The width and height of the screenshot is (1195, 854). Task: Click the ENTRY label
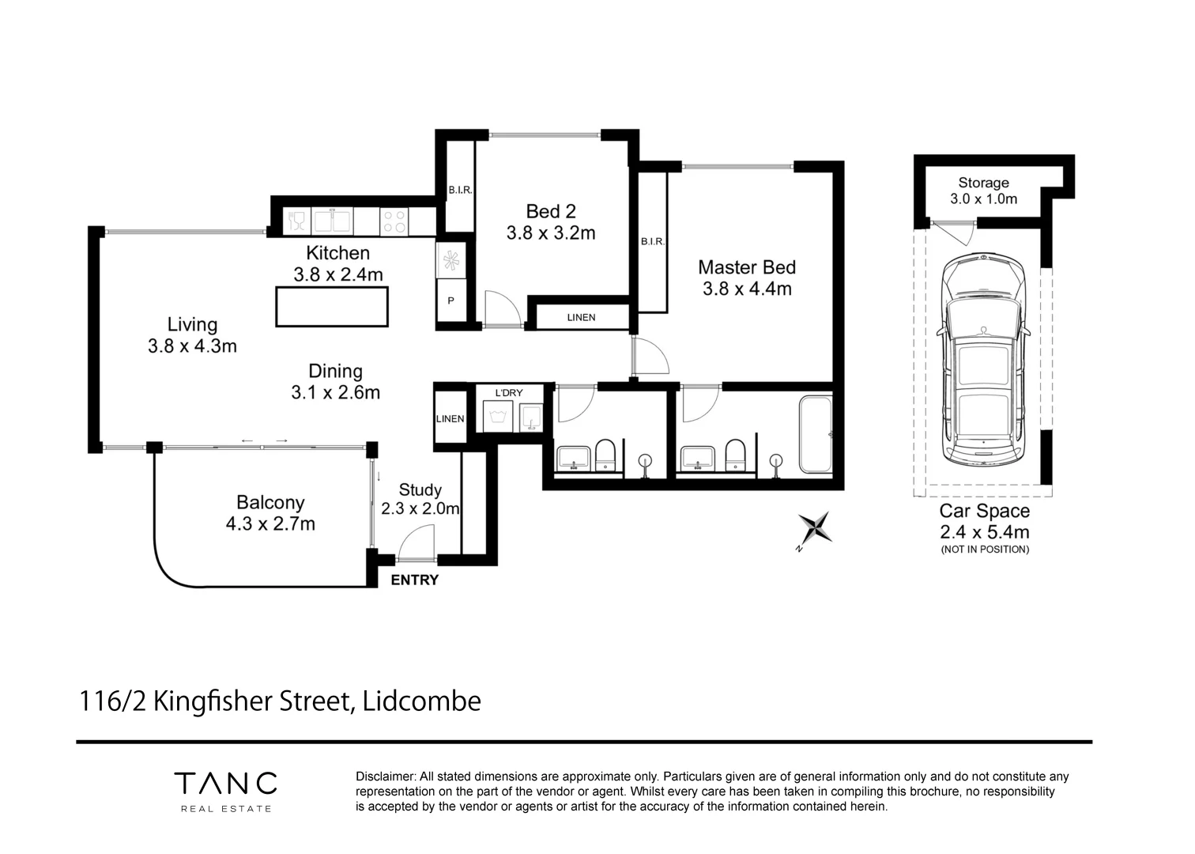pos(414,580)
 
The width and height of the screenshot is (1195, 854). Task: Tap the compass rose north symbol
pos(815,528)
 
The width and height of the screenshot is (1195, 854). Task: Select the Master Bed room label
pos(746,267)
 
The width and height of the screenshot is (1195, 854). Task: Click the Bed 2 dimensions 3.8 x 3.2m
pos(551,233)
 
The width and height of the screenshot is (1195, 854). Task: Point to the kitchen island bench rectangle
pos(332,307)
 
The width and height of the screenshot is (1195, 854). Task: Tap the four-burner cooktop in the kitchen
pos(395,221)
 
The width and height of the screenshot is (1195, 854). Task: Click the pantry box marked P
pos(451,301)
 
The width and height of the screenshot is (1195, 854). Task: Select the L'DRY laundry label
pos(509,393)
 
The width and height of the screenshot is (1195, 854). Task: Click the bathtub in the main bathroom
pos(816,434)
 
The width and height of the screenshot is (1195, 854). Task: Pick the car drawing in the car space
pos(983,361)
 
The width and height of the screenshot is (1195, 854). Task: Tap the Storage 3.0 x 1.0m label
pos(983,191)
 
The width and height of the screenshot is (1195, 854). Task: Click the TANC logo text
pos(226,783)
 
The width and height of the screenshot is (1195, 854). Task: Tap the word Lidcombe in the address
pos(421,701)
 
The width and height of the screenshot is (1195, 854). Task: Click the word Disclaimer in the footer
pos(385,777)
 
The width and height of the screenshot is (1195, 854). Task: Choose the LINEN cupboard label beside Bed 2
pos(581,318)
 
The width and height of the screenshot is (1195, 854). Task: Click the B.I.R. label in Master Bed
pos(653,242)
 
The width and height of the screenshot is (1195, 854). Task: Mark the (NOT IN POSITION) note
pos(985,550)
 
